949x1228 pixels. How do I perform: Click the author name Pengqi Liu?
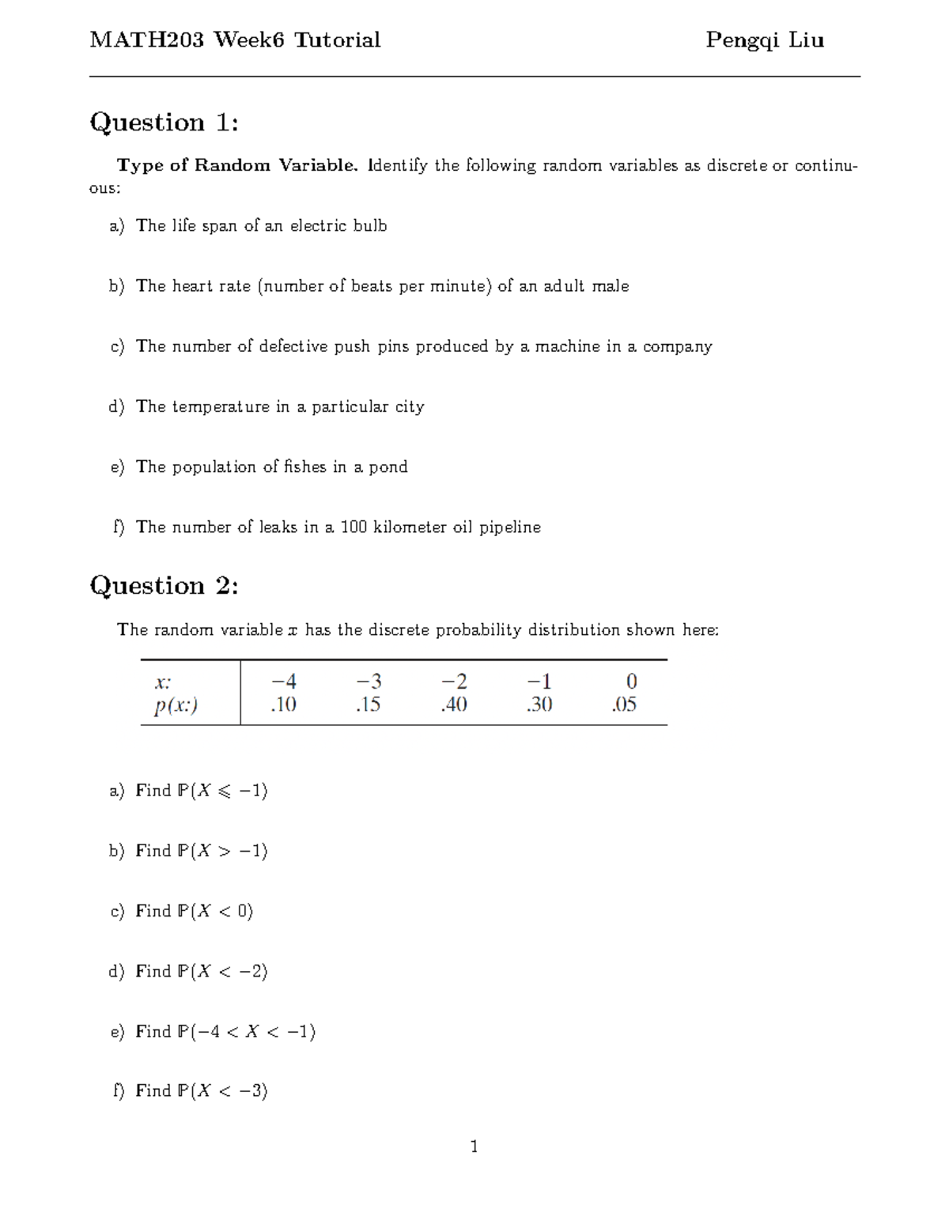[764, 40]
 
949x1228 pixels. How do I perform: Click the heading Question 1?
[164, 123]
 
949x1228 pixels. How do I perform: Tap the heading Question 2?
[164, 586]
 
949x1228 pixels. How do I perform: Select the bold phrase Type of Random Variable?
[237, 165]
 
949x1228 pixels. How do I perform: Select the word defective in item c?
[293, 346]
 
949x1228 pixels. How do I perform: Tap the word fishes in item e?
[304, 467]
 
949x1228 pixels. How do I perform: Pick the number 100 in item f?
[354, 527]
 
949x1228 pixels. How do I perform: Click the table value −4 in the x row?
[283, 682]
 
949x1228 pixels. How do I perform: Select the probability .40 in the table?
[454, 705]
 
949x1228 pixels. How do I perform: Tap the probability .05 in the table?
[624, 705]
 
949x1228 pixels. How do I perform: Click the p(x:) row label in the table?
[176, 705]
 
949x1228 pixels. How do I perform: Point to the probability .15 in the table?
[368, 705]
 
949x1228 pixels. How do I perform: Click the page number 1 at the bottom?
[474, 1147]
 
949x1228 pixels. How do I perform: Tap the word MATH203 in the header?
[146, 40]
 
